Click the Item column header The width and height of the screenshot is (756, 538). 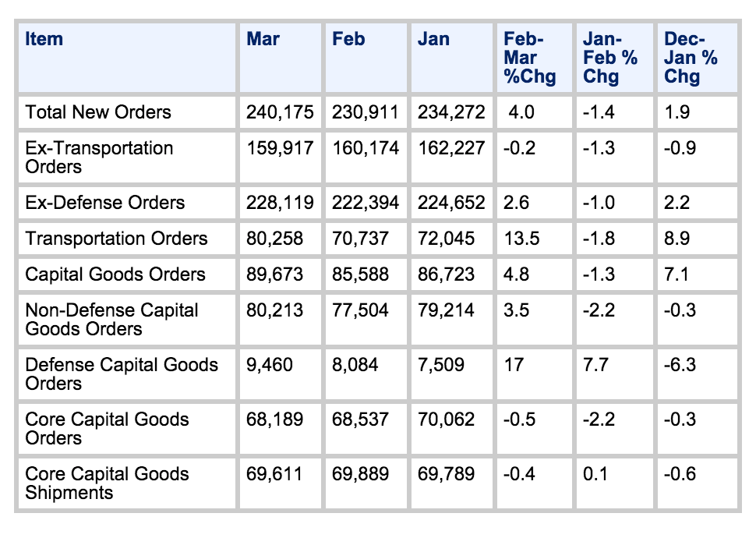(x=44, y=39)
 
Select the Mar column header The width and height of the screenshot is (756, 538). (x=263, y=39)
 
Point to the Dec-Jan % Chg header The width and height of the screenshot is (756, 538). (x=691, y=58)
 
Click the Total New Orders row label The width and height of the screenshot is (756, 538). (x=98, y=112)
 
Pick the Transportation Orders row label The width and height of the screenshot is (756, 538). (x=116, y=239)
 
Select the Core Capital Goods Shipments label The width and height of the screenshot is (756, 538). (x=107, y=483)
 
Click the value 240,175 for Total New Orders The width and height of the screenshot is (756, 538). (x=280, y=112)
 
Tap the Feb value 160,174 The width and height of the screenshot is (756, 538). (x=366, y=148)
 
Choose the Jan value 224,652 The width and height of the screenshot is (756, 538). (x=451, y=203)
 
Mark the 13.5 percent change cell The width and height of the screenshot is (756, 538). (x=521, y=239)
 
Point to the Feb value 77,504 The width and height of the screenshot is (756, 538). (x=360, y=310)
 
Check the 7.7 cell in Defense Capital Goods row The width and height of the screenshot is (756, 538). (x=595, y=365)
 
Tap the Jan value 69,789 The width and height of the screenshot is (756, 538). (x=446, y=474)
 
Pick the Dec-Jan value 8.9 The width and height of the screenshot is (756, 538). (x=677, y=239)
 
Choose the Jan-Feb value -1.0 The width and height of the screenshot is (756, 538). (x=599, y=203)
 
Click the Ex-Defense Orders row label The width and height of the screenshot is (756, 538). (x=105, y=203)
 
